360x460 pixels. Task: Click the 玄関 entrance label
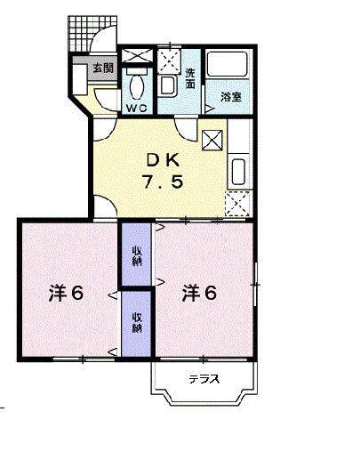coord(102,68)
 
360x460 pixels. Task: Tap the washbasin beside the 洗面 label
coord(168,87)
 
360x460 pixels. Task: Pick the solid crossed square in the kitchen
coord(212,140)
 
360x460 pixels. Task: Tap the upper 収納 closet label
coord(137,254)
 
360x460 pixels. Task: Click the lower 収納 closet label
coord(137,322)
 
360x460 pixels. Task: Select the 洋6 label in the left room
coord(65,292)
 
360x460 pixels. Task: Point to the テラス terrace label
coord(204,380)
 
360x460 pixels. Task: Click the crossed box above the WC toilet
coord(137,57)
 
